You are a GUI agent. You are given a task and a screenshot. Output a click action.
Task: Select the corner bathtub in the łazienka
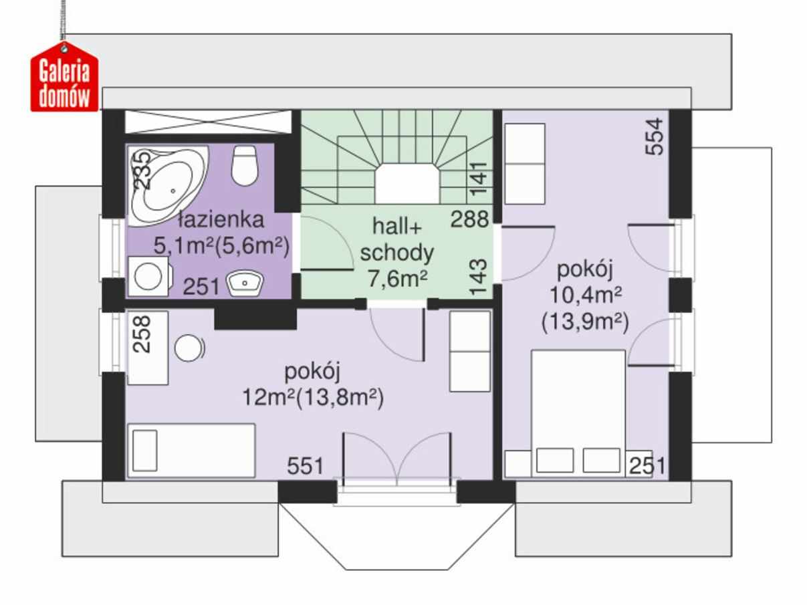[x=167, y=186]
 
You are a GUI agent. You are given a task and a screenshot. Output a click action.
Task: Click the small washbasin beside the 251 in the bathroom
[x=245, y=283]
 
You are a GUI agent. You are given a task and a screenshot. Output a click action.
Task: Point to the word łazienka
[x=221, y=220]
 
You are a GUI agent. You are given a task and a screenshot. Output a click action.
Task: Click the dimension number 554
[x=655, y=137]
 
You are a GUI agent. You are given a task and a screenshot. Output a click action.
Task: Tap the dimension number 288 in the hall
[x=469, y=219]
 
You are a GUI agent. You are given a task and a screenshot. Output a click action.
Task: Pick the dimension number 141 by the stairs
[x=478, y=178]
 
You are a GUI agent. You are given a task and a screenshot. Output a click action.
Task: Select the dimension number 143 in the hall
[x=478, y=277]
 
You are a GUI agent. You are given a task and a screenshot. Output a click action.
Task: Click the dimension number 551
[x=305, y=466]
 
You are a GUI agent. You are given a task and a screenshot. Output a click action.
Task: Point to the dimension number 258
[x=142, y=334]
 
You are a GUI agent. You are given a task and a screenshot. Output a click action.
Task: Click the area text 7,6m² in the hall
[x=397, y=279]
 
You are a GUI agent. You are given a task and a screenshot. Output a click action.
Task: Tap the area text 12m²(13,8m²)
[x=313, y=397]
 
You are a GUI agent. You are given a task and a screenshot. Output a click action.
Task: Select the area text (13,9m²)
[x=585, y=322]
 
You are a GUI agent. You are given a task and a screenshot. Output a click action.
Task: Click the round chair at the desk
[x=189, y=348]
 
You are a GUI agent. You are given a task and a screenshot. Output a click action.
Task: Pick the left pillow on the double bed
[x=555, y=460]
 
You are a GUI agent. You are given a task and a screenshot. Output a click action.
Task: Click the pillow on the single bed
[x=145, y=451]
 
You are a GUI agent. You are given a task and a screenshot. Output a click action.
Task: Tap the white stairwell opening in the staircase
[x=407, y=184]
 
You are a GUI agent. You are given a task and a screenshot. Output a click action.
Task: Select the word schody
[x=397, y=253]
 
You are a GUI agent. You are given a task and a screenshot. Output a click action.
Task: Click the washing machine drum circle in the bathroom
[x=148, y=276]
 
